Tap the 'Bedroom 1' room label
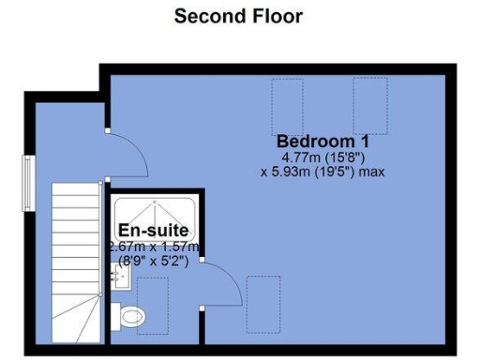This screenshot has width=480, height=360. click(x=322, y=142)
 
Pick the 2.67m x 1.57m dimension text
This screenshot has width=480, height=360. click(x=154, y=247)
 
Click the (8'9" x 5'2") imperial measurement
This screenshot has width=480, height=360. click(x=154, y=262)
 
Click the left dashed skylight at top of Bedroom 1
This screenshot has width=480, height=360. click(x=286, y=105)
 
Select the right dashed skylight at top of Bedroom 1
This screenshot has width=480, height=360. click(x=369, y=105)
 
